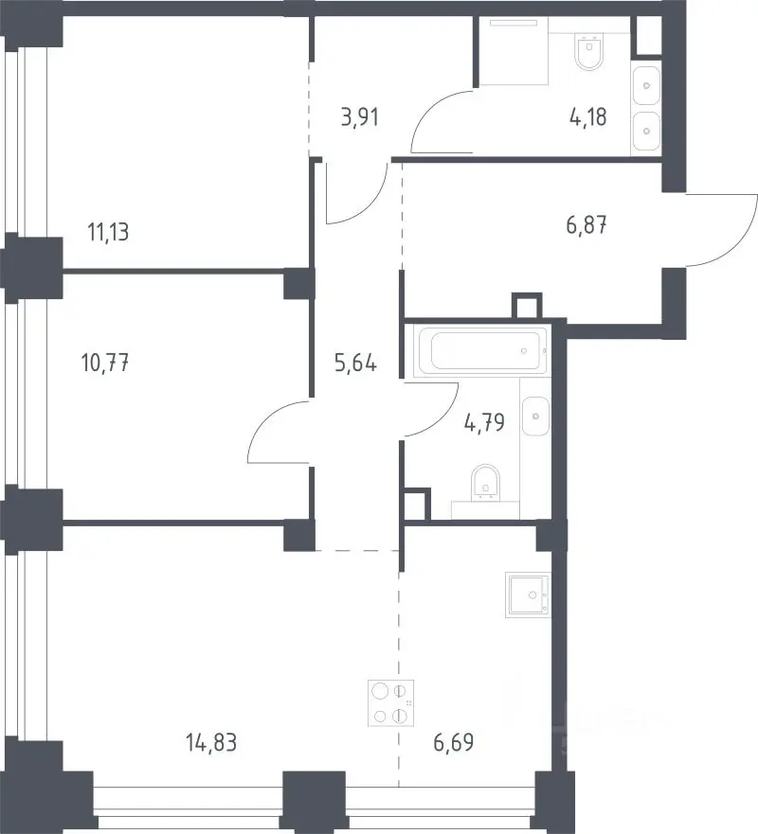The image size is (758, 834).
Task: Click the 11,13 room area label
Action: (108, 233)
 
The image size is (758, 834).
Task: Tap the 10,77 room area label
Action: (105, 363)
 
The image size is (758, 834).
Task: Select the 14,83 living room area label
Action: (211, 742)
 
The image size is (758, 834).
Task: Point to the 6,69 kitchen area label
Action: (454, 742)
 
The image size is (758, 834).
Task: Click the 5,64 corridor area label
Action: (355, 364)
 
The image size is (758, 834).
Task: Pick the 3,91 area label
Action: (360, 117)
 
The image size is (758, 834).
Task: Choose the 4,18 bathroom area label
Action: (587, 117)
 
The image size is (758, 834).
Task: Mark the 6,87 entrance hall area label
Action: (587, 225)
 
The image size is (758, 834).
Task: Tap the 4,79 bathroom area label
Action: (484, 423)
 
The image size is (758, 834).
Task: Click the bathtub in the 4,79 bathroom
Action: (483, 351)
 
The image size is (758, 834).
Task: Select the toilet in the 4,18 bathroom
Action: (589, 52)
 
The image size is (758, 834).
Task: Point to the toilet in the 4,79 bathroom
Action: (486, 483)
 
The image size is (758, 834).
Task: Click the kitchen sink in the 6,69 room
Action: (527, 595)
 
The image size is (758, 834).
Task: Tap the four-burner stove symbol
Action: (390, 703)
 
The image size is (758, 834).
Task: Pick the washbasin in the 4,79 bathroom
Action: (535, 416)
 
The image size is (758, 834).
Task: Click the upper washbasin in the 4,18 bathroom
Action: (646, 85)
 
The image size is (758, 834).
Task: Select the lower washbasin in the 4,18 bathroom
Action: (646, 131)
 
